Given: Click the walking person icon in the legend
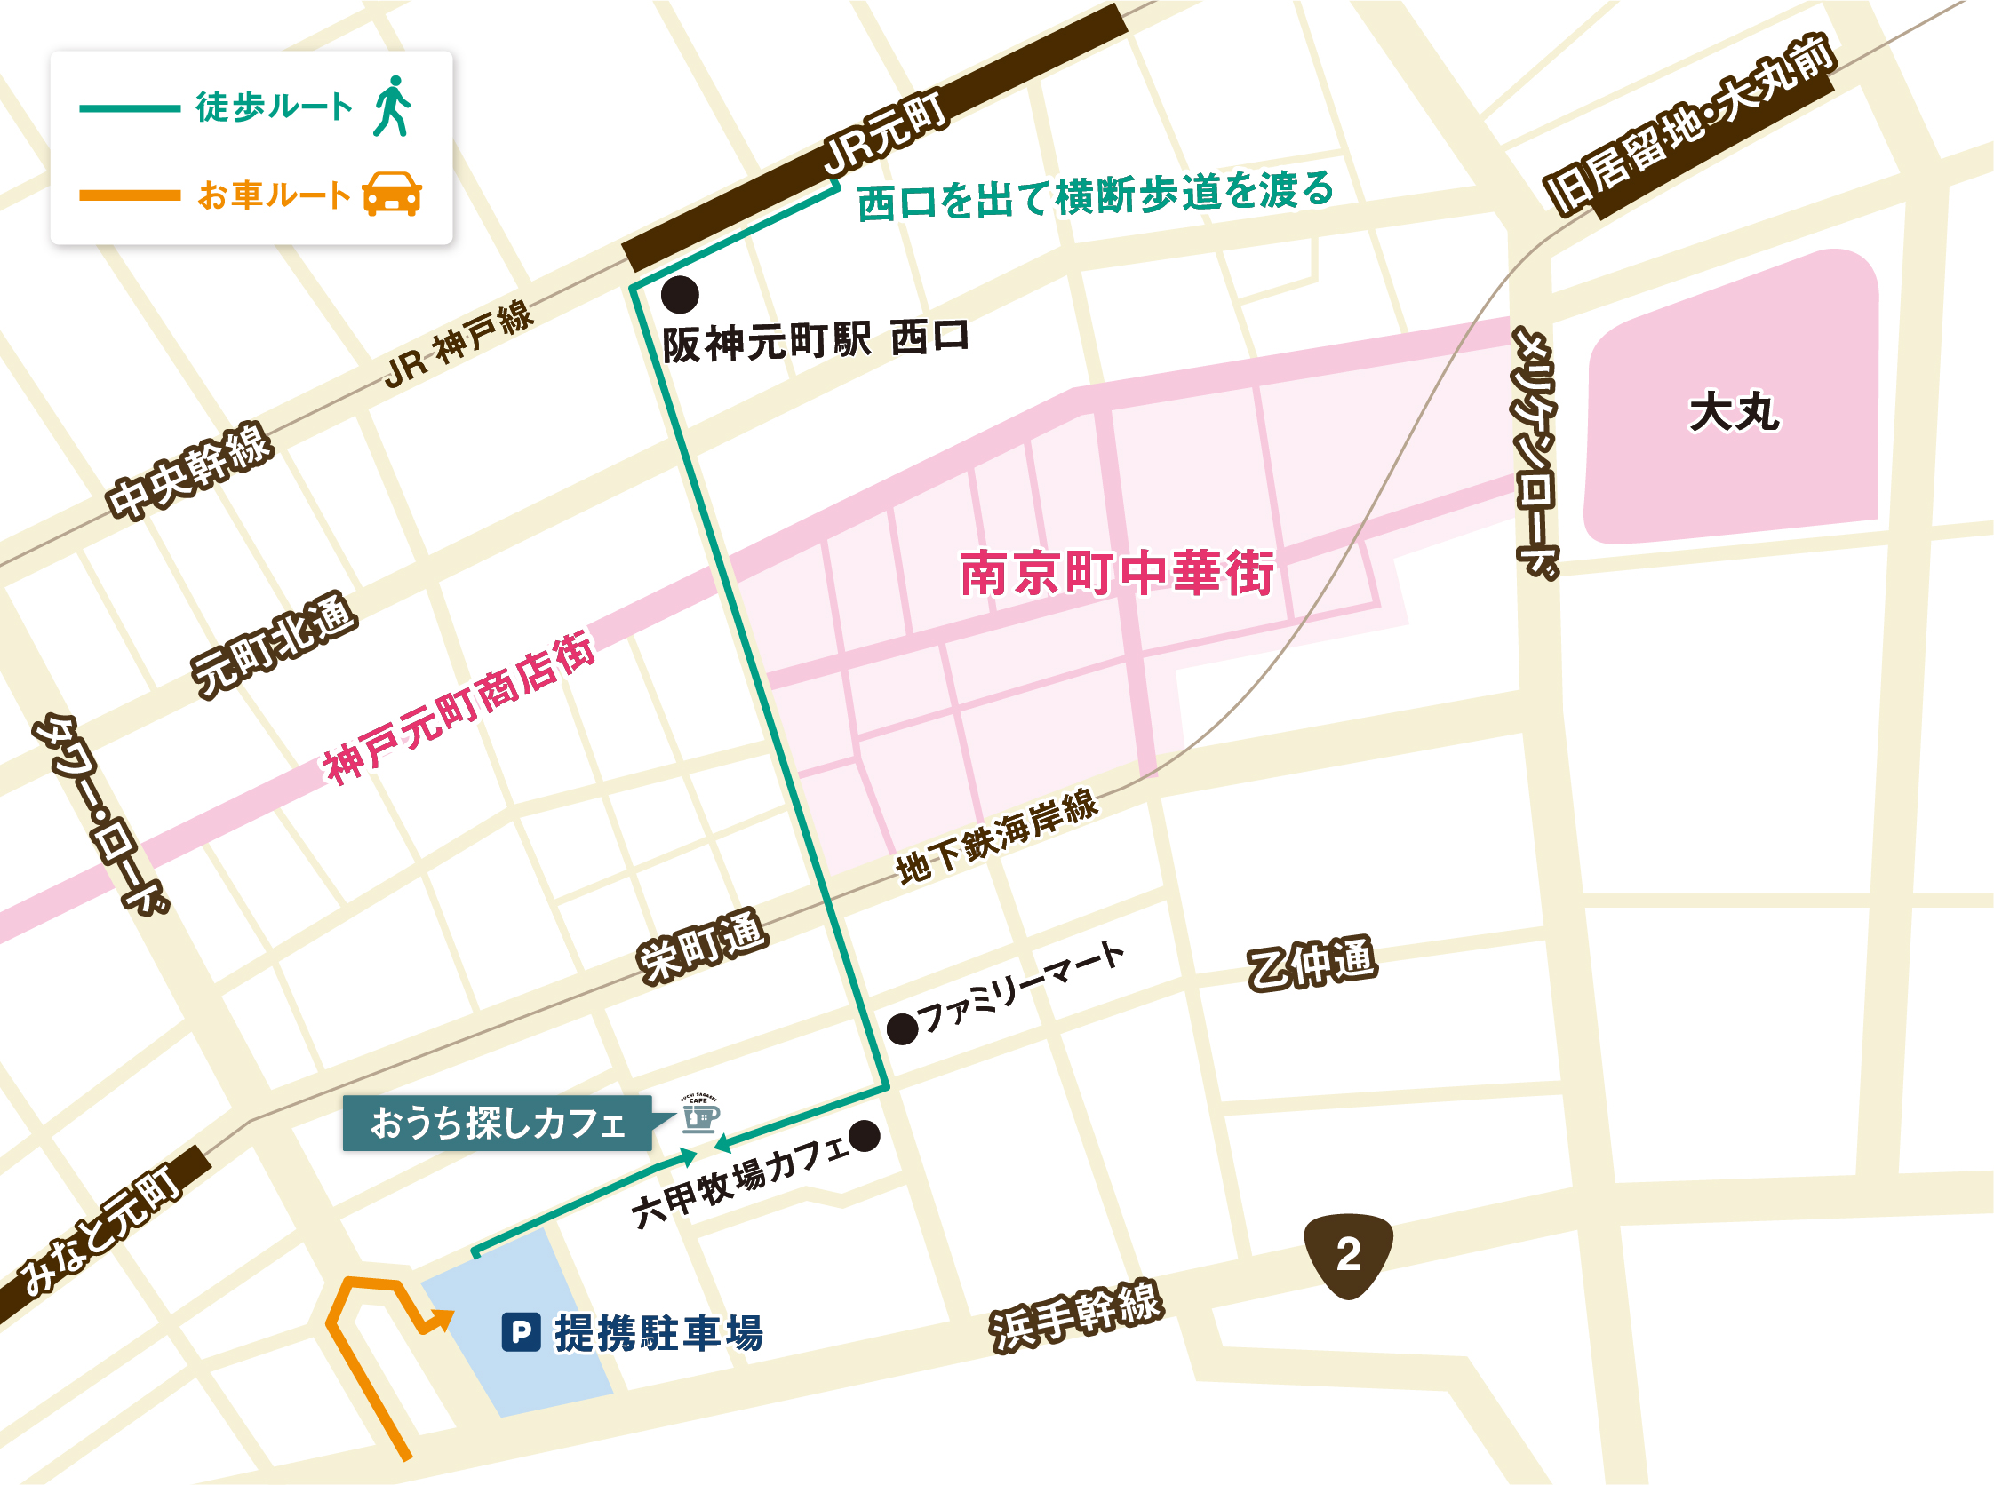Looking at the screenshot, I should click(x=392, y=106).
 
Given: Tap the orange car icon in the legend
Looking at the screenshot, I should click(x=391, y=195).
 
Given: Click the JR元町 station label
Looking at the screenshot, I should click(x=885, y=134).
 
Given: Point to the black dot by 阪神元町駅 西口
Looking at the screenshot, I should click(x=680, y=294).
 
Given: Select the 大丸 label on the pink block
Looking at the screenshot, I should click(x=1733, y=413).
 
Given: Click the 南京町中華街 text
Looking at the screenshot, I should click(x=1116, y=573).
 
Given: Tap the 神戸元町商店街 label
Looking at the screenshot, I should click(x=459, y=708).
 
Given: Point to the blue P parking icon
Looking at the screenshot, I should click(x=521, y=1332).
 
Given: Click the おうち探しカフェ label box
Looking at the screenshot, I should click(x=498, y=1123).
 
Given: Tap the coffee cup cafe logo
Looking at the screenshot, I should click(x=699, y=1115).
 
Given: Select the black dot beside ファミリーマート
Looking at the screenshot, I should click(x=902, y=1029).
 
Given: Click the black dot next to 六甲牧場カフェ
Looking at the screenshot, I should click(x=865, y=1136).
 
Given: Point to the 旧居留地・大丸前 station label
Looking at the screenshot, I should click(x=1689, y=125).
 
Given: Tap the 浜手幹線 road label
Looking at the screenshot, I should click(x=1076, y=1316).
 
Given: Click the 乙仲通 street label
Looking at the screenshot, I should click(x=1312, y=963).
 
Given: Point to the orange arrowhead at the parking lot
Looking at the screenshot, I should click(x=443, y=1320).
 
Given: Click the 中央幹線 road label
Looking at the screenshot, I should click(x=189, y=470).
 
